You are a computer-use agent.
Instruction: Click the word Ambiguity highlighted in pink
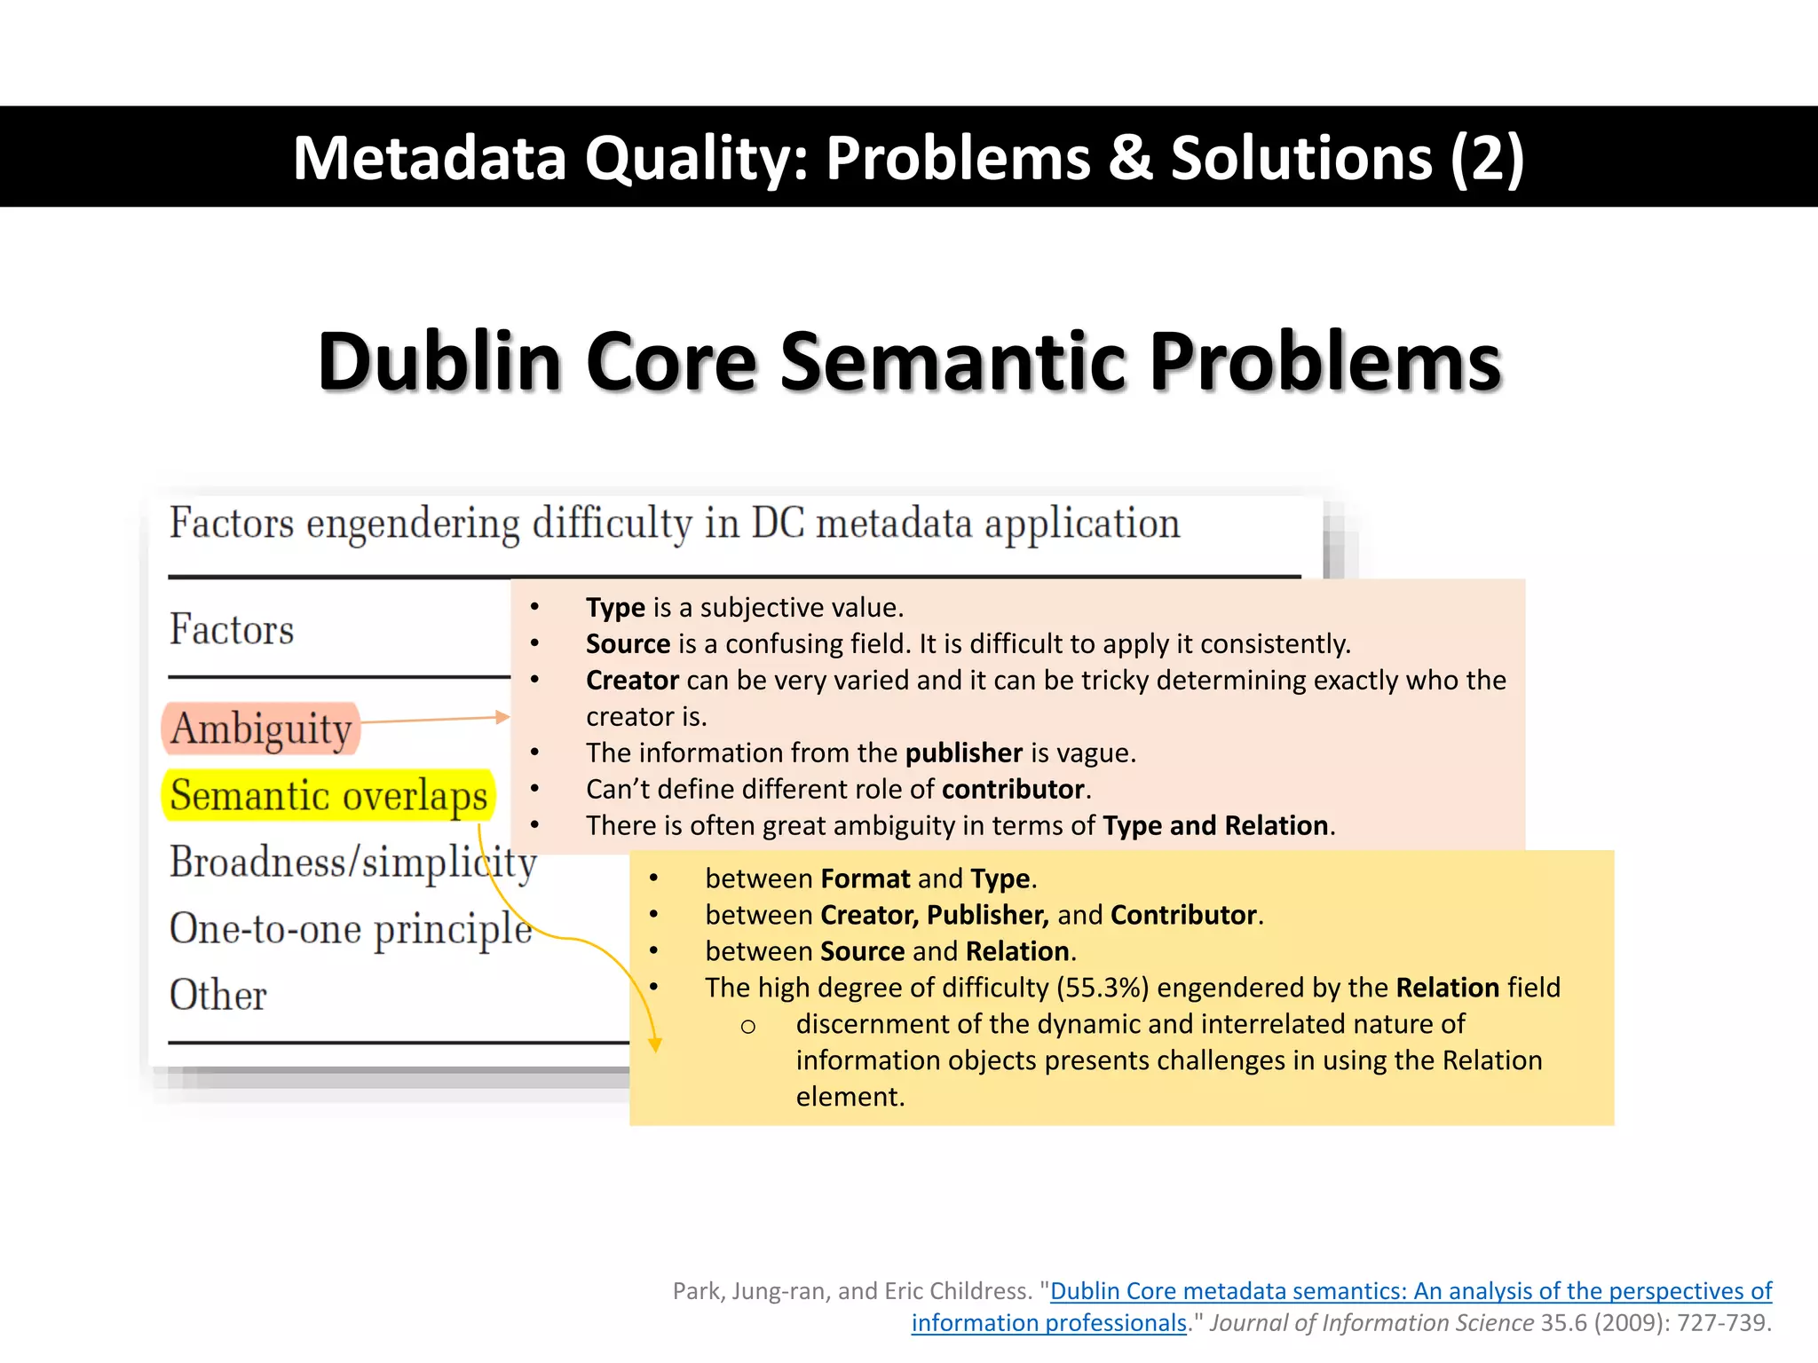[262, 729]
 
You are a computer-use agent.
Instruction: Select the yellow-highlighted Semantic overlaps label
[328, 795]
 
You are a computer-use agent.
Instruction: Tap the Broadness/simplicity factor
[352, 862]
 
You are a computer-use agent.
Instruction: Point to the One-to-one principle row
[351, 929]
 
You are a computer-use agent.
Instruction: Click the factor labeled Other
[217, 995]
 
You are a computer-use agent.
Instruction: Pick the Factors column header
[231, 629]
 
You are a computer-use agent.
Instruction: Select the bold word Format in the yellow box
[866, 878]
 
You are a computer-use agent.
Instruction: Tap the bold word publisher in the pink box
[964, 752]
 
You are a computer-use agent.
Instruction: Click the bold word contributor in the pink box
[1013, 789]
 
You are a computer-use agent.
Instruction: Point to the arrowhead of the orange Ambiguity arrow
[503, 717]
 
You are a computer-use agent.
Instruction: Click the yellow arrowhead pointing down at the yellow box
[655, 1044]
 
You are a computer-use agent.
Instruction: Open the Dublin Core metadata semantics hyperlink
[1411, 1291]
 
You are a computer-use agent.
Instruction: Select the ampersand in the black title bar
[1130, 158]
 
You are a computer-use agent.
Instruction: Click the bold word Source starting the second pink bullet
[628, 643]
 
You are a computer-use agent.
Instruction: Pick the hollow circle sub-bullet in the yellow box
[748, 1027]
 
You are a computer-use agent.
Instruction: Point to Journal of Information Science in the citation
[1371, 1323]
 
